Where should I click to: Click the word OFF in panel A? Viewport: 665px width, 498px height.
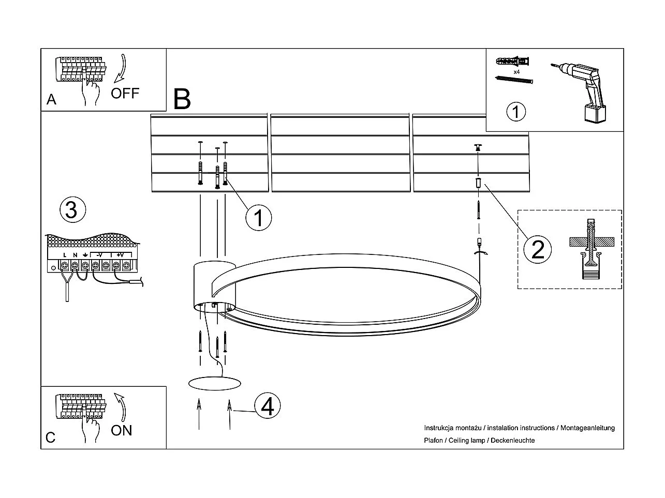tap(125, 94)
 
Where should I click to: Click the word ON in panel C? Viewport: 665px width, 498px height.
tap(122, 430)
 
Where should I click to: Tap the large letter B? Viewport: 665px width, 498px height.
tap(182, 99)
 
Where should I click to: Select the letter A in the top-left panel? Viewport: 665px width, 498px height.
tap(51, 99)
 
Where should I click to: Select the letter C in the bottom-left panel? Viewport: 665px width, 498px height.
tap(50, 437)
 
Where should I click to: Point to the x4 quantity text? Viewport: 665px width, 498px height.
tap(516, 72)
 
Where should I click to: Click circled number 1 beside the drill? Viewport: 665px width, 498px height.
tap(515, 112)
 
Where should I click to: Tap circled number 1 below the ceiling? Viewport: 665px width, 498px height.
tap(258, 218)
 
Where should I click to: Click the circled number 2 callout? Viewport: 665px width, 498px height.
tap(538, 249)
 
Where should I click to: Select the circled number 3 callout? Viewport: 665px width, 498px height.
tap(72, 210)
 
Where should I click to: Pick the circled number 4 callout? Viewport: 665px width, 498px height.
tap(267, 406)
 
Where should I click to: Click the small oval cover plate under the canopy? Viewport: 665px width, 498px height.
tap(215, 383)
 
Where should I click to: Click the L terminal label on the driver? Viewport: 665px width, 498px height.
tap(65, 255)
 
